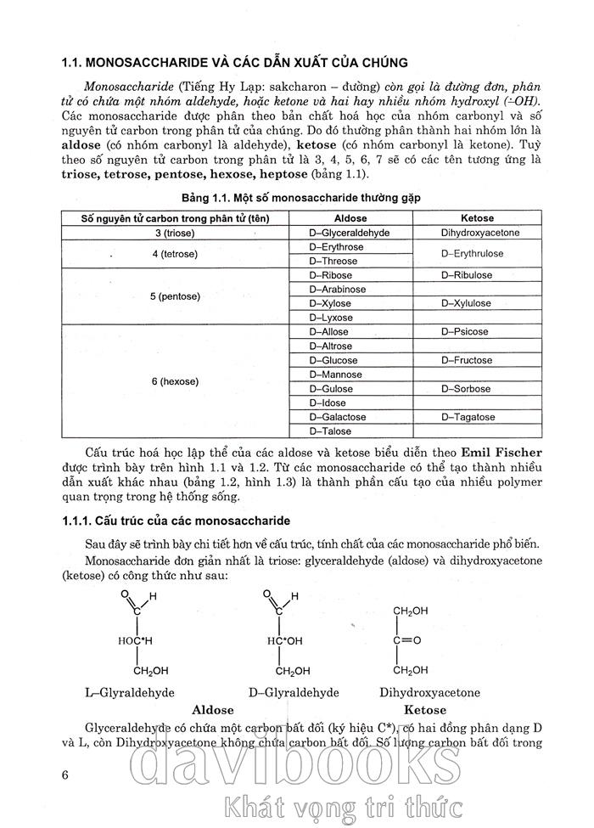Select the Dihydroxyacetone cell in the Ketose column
(x=480, y=232)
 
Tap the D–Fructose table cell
(x=467, y=360)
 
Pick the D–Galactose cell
(x=338, y=417)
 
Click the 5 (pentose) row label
(x=177, y=296)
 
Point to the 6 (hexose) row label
(x=175, y=381)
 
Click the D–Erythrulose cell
(x=473, y=254)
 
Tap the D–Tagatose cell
(x=468, y=417)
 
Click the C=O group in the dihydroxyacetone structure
(x=407, y=639)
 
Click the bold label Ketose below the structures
(x=425, y=709)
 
